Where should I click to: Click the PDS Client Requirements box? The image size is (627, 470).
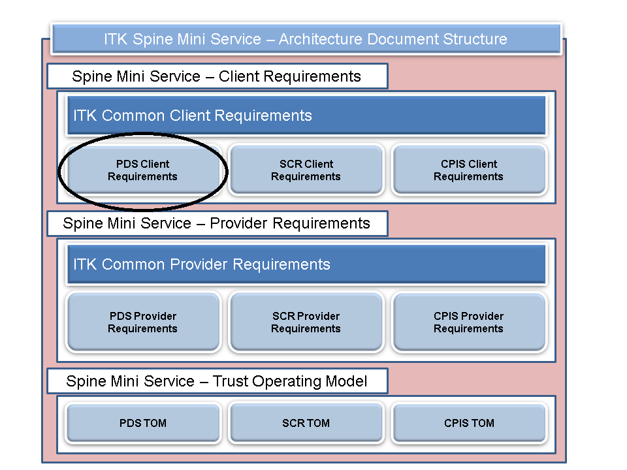[x=142, y=170]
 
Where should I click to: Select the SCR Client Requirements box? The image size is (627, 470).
[x=306, y=170]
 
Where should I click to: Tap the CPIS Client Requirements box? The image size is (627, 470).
[x=468, y=170]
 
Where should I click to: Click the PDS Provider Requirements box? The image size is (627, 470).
[x=142, y=322]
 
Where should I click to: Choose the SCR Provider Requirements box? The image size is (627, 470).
[x=306, y=322]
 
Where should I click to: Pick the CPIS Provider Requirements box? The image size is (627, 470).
[x=468, y=322]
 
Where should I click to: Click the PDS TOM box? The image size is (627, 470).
[x=142, y=423]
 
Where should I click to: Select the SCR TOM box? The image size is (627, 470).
[x=306, y=423]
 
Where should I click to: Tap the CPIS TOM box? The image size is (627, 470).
[x=468, y=423]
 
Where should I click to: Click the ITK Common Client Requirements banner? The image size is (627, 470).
[x=306, y=116]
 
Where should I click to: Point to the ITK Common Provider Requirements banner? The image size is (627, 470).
[x=306, y=264]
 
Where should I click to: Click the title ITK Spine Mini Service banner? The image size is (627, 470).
[x=306, y=39]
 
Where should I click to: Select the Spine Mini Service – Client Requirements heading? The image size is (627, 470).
[x=217, y=76]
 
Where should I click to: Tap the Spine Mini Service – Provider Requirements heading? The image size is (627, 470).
[x=217, y=223]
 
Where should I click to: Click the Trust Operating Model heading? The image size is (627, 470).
[x=217, y=381]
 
